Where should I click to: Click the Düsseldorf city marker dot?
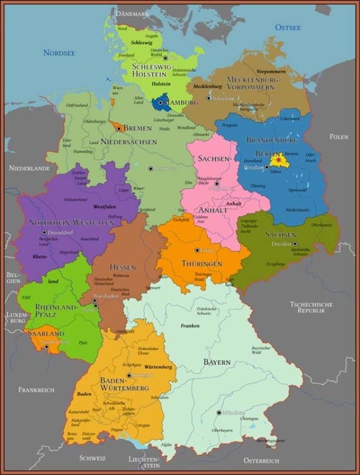point(44,232)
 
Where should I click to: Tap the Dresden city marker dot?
point(295,244)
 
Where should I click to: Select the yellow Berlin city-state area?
point(278,160)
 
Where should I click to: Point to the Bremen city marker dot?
point(119,129)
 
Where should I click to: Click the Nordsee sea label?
point(59,53)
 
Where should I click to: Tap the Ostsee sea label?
point(287,27)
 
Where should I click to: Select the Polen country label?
point(338,137)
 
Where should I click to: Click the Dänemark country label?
point(132,13)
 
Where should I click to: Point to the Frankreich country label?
point(36,390)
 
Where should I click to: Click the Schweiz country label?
point(92,458)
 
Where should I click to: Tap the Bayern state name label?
point(217,363)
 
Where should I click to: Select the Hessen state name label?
point(122,267)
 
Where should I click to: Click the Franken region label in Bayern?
point(190,325)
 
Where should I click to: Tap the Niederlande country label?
point(29,169)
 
